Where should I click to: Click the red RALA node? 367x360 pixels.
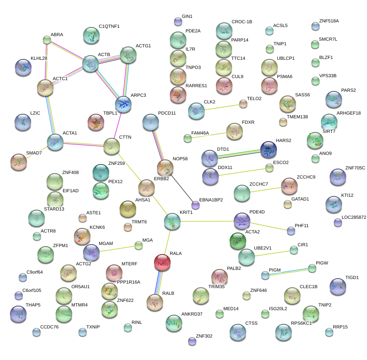(x=162, y=262)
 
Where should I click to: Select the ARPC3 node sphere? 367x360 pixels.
(x=123, y=103)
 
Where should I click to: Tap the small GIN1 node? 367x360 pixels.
(x=178, y=22)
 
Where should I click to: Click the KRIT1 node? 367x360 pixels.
(x=172, y=221)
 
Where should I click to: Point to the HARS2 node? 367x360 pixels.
(x=269, y=149)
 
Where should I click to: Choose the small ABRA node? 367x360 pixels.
(x=47, y=40)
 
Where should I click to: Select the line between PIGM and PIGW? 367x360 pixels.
(x=289, y=272)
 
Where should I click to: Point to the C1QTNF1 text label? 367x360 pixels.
(x=109, y=26)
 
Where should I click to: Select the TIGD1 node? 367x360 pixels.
(x=338, y=286)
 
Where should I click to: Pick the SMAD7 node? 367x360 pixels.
(x=18, y=162)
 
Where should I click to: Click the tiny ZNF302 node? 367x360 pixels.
(x=192, y=341)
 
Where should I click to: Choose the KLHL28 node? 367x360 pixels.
(x=23, y=67)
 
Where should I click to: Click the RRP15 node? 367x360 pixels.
(x=329, y=332)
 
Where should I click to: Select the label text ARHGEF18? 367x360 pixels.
(x=349, y=113)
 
